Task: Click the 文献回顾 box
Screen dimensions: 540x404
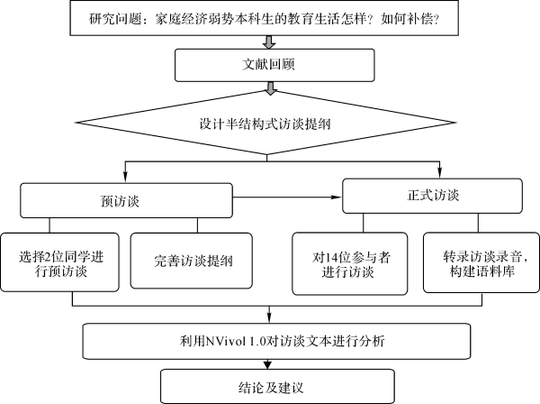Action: pyautogui.click(x=274, y=65)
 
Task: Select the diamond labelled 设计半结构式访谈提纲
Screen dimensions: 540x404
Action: pyautogui.click(x=266, y=123)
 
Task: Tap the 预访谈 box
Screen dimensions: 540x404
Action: pyautogui.click(x=126, y=200)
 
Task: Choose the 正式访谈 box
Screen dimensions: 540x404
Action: pyautogui.click(x=432, y=196)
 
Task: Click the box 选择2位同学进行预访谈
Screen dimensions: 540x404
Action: pyautogui.click(x=60, y=262)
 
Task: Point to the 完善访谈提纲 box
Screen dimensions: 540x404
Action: pyautogui.click(x=192, y=261)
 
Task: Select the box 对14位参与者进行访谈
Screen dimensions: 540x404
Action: pyautogui.click(x=350, y=264)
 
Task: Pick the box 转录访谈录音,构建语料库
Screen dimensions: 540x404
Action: pyautogui.click(x=481, y=262)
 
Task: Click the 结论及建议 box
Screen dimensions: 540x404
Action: pyautogui.click(x=277, y=386)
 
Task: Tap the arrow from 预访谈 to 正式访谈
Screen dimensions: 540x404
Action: pyautogui.click(x=287, y=197)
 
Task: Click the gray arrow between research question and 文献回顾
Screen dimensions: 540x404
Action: pyautogui.click(x=269, y=42)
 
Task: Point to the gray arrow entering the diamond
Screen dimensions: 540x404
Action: pyautogui.click(x=271, y=88)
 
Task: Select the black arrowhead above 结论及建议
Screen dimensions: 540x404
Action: pyautogui.click(x=268, y=364)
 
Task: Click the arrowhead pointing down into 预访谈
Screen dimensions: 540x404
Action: pyautogui.click(x=125, y=177)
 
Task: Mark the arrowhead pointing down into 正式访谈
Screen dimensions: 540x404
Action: pyautogui.click(x=439, y=172)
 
